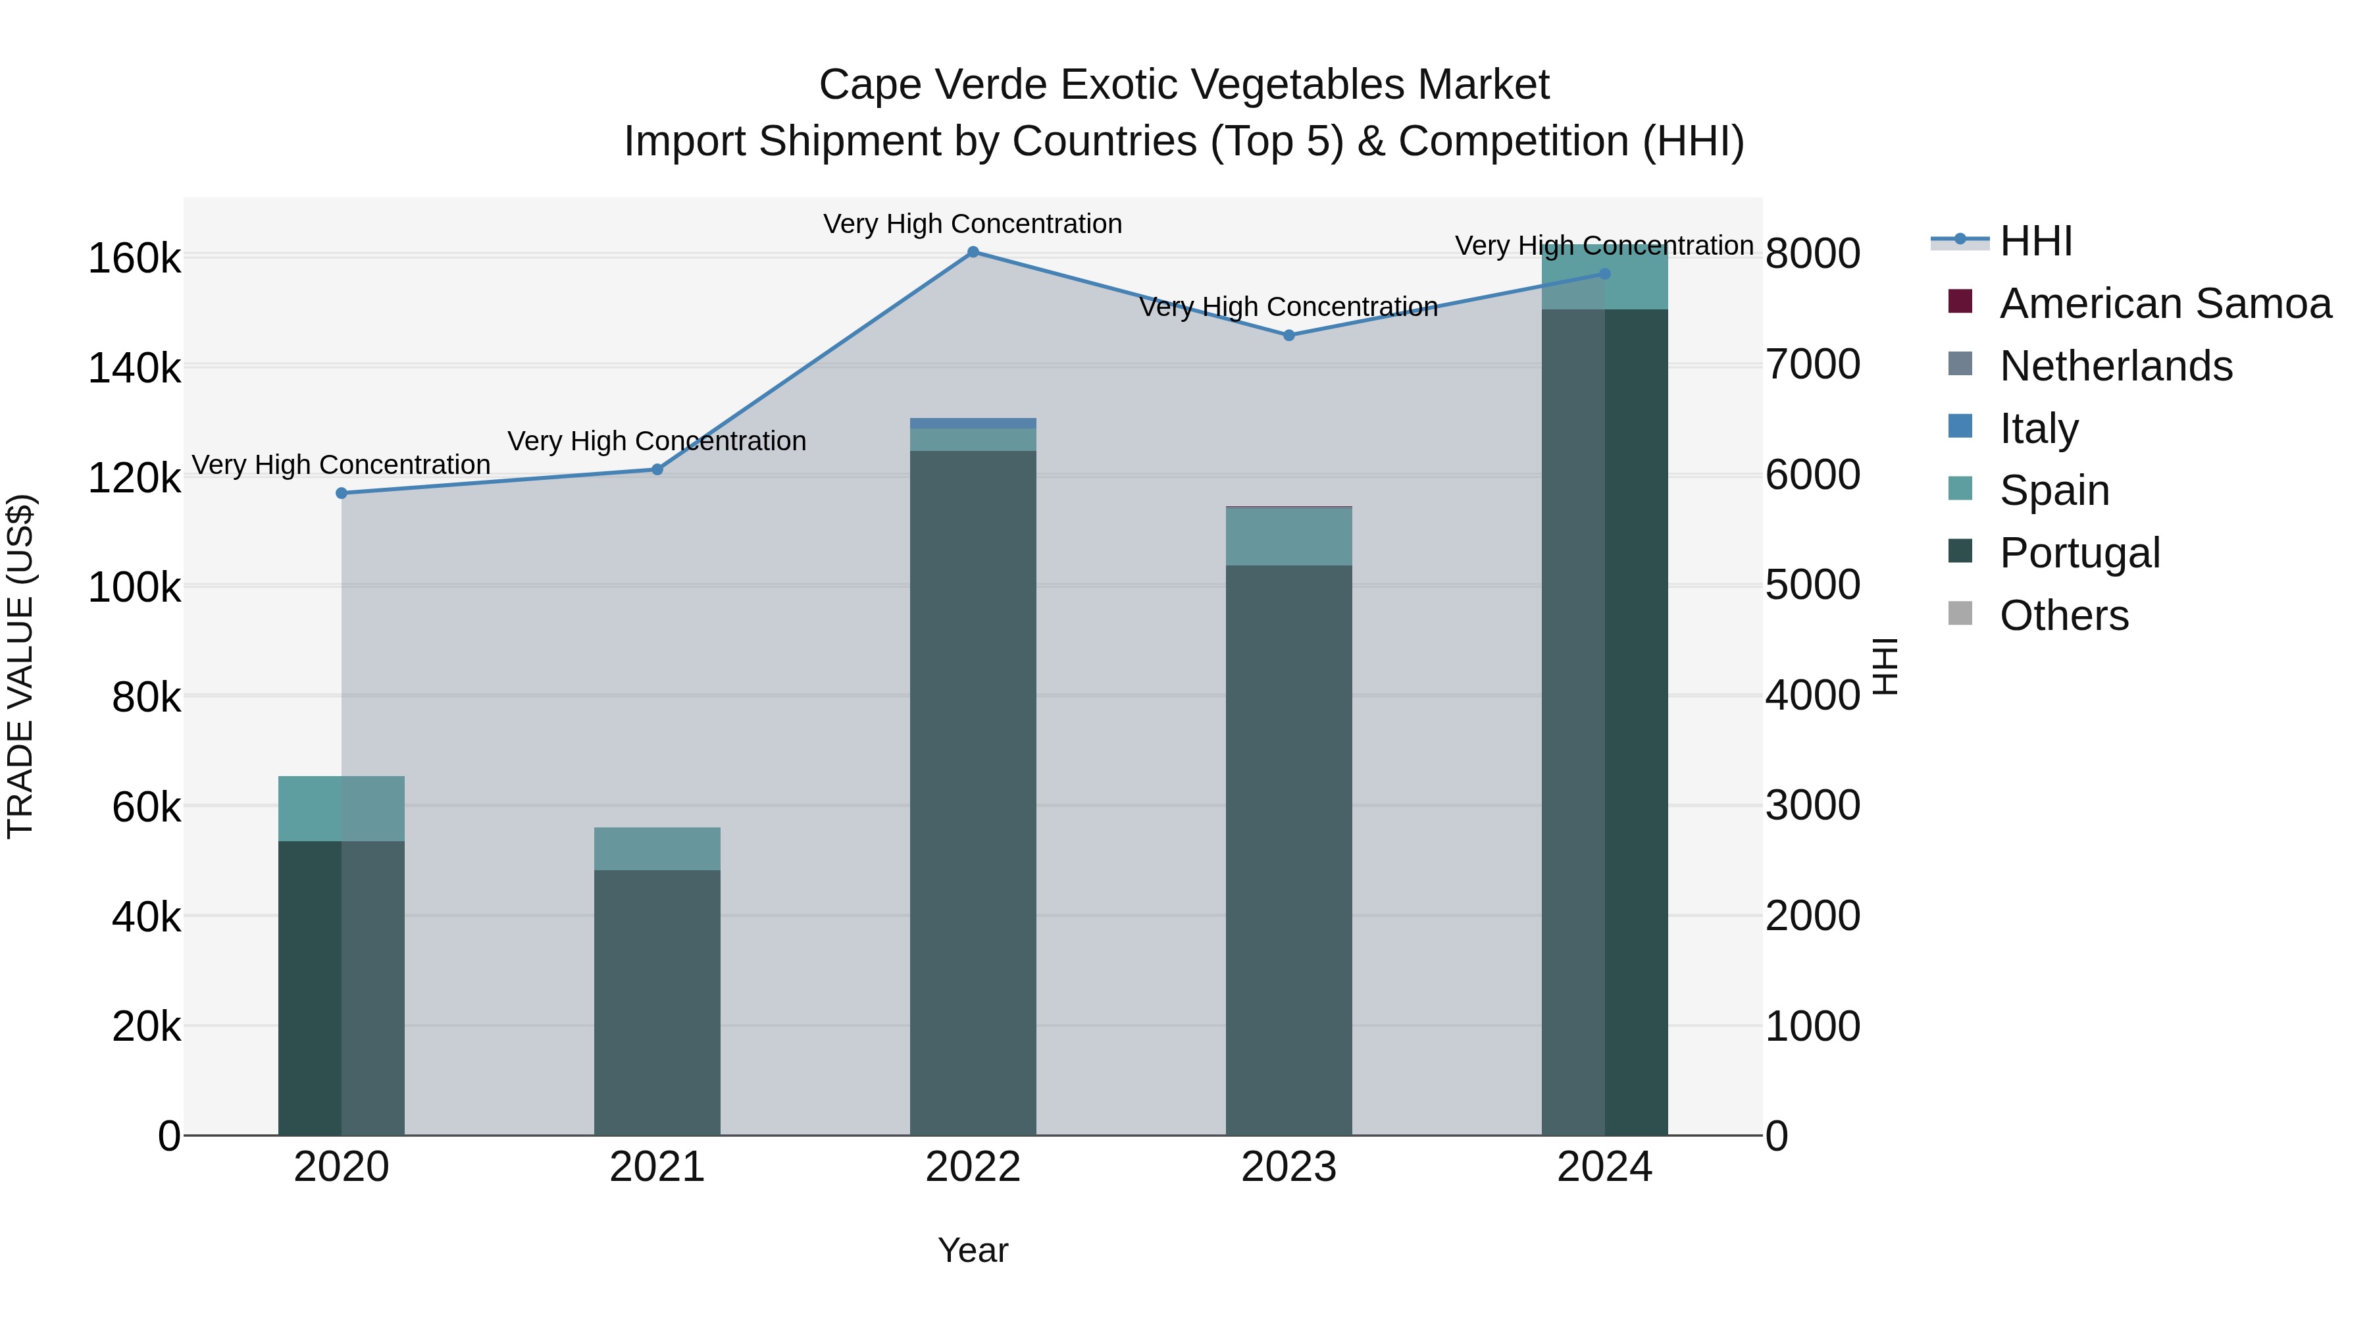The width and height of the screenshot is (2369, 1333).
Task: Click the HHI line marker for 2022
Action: point(973,252)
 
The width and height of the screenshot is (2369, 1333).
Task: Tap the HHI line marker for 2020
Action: point(341,493)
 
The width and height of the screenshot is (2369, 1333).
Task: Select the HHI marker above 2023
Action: point(1288,336)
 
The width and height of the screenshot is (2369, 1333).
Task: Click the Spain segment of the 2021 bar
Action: point(657,849)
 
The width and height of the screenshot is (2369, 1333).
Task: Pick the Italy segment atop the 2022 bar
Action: point(973,423)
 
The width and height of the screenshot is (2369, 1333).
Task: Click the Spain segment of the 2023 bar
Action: point(1288,536)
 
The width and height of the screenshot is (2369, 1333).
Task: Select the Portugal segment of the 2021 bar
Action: point(657,1003)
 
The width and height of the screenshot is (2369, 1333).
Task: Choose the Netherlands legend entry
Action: point(2115,366)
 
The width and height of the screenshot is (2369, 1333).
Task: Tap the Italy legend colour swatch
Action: point(1960,427)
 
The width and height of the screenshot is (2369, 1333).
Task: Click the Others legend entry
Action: point(2064,615)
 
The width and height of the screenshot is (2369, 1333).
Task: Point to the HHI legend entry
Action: point(2035,241)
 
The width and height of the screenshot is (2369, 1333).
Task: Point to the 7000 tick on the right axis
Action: point(1812,365)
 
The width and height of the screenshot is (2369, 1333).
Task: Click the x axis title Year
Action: point(973,1250)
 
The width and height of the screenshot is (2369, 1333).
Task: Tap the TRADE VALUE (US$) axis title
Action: point(20,666)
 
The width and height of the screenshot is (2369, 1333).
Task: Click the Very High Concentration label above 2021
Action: point(657,442)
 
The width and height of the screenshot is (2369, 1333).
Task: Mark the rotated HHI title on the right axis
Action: point(1885,666)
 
